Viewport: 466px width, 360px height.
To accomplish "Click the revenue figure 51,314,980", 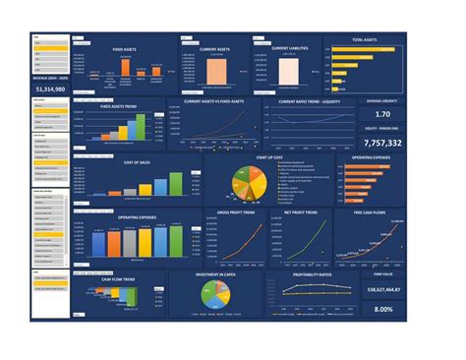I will [50, 89].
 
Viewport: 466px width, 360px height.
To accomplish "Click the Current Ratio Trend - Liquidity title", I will [304, 100].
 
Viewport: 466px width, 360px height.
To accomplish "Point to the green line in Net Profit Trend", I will [306, 244].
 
